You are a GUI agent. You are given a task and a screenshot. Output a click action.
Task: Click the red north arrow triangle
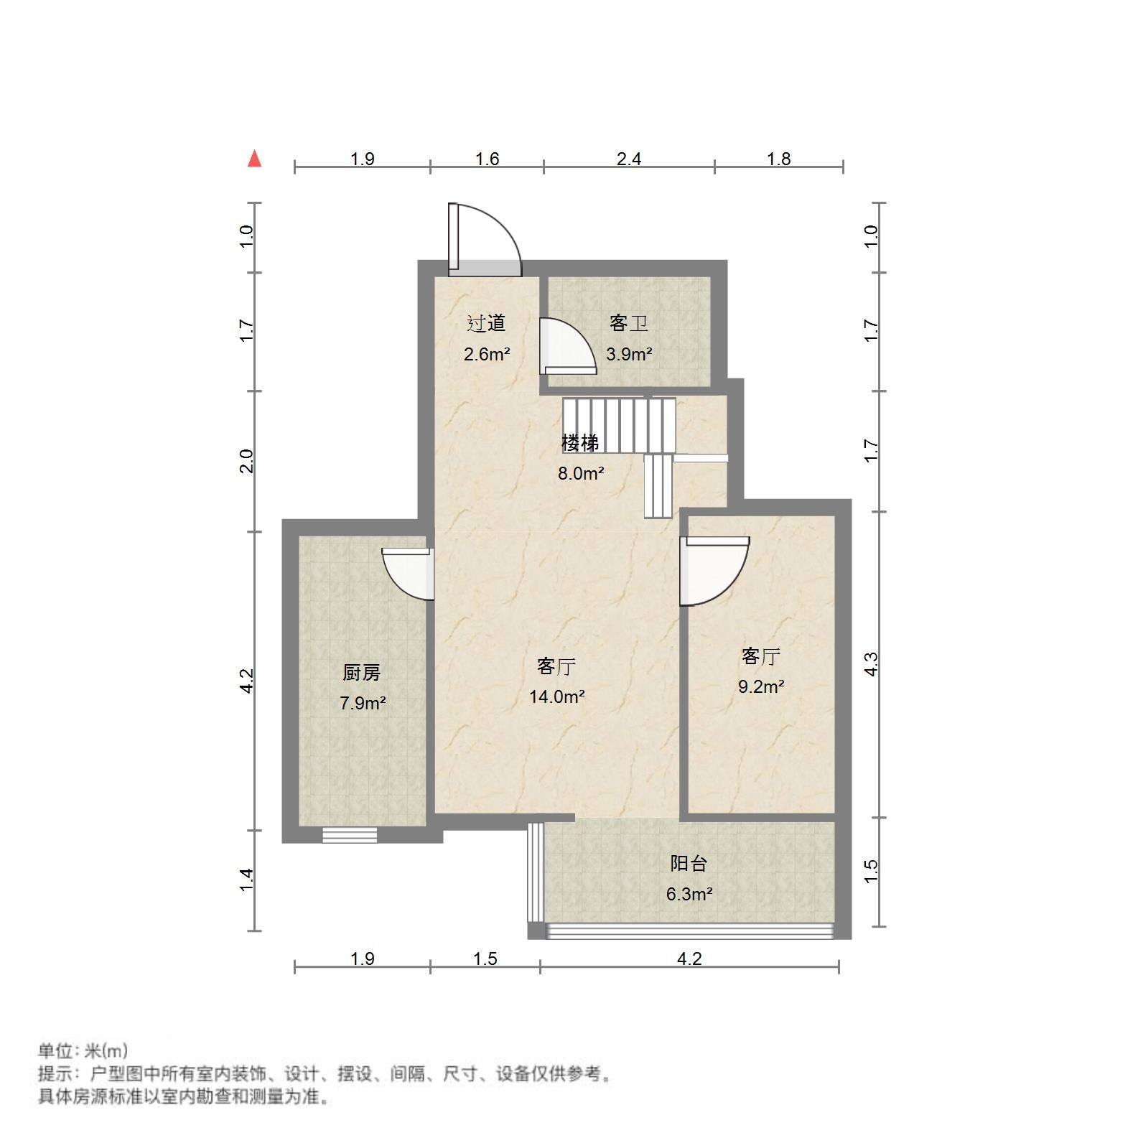(x=254, y=159)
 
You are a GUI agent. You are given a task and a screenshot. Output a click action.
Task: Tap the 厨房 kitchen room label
(x=361, y=673)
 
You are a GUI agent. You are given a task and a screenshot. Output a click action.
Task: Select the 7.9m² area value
(x=363, y=703)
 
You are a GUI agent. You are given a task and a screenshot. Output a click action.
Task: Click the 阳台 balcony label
(x=689, y=864)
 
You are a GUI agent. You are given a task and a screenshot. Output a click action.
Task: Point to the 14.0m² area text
(x=556, y=696)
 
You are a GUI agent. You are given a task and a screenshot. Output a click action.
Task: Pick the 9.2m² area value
(x=761, y=686)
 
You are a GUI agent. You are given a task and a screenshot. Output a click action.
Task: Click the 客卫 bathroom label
(x=628, y=324)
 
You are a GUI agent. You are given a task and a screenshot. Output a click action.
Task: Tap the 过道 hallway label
(x=486, y=324)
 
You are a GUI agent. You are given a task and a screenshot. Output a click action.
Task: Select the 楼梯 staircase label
(x=579, y=443)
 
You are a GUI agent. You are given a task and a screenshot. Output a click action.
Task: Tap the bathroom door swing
(x=567, y=346)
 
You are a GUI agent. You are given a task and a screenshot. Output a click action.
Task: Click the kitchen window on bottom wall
(x=350, y=834)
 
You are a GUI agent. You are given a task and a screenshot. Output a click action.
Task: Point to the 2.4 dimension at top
(x=629, y=159)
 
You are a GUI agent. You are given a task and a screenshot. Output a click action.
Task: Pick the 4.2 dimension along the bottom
(x=689, y=959)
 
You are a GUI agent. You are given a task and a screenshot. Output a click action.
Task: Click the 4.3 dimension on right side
(x=871, y=664)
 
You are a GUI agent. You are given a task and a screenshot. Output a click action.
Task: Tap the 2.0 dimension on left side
(x=246, y=461)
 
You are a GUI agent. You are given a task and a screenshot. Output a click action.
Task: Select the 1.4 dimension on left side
(x=246, y=880)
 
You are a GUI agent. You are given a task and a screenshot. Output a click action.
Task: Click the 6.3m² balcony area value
(x=689, y=894)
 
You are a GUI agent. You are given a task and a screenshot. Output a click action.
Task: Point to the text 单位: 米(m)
(x=83, y=1051)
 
